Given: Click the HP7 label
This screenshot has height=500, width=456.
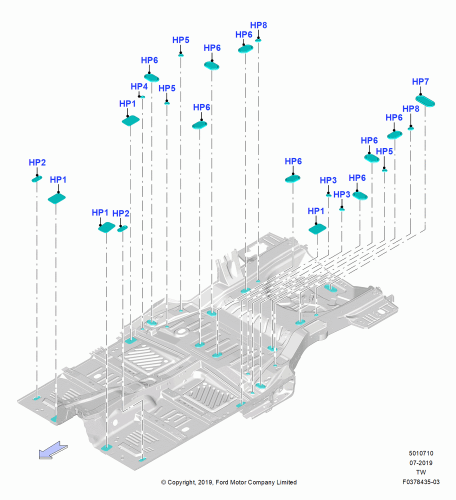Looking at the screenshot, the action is [x=420, y=81].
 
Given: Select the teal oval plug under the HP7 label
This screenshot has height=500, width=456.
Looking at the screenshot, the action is [x=425, y=101].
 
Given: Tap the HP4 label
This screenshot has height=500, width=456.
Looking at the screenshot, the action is [x=139, y=86].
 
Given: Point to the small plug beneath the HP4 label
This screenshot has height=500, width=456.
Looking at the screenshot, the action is [x=143, y=97].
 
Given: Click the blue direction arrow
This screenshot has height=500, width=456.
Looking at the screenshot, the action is [x=53, y=450].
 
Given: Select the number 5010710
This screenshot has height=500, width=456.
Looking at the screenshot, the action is [x=421, y=453].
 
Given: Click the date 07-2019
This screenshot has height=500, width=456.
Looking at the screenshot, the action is [x=421, y=462].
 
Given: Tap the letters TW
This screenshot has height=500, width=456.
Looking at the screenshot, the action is [x=421, y=472].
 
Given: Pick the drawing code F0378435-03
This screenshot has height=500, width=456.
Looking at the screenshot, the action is [x=421, y=482].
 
